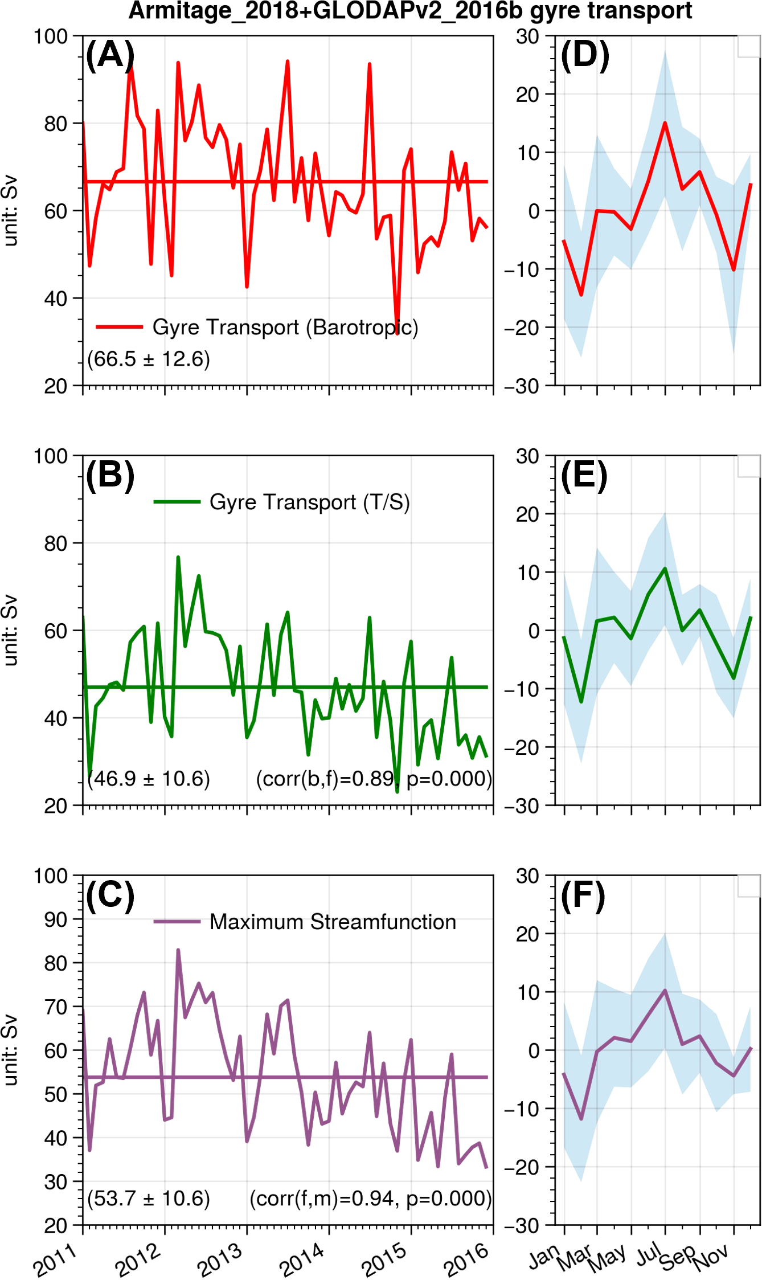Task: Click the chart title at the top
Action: click(410, 11)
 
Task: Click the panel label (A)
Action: click(110, 56)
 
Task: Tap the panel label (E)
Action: click(584, 476)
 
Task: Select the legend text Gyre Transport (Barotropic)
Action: click(285, 328)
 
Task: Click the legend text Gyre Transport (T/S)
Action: click(310, 502)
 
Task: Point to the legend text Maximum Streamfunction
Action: click(333, 922)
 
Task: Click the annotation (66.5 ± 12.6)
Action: click(149, 359)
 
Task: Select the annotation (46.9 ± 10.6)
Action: click(149, 779)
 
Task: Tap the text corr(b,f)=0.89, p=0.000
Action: click(374, 779)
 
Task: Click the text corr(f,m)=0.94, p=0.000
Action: click(371, 1199)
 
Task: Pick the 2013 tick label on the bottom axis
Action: click(219, 1260)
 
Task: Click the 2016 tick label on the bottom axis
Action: click(466, 1260)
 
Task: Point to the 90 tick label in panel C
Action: click(56, 919)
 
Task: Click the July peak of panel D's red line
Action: click(665, 122)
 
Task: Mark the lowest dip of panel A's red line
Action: click(398, 333)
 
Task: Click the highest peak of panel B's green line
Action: click(178, 557)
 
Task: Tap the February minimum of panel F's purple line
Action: click(581, 1119)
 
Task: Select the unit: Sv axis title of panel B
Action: click(11, 630)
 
